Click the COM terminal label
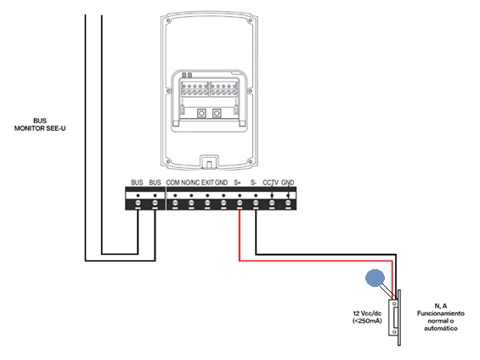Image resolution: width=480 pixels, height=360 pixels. click(x=172, y=183)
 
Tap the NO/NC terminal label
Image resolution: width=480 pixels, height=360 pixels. click(x=190, y=183)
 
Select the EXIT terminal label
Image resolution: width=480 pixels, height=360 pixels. click(x=207, y=183)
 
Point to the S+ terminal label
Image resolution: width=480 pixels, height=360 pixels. click(x=238, y=183)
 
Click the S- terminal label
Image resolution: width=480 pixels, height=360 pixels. click(x=253, y=183)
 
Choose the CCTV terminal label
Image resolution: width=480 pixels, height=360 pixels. click(x=271, y=183)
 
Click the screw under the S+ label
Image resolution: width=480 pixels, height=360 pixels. click(x=240, y=203)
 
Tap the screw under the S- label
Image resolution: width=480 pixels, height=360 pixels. click(x=256, y=203)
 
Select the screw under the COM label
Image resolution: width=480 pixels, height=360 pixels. click(x=175, y=203)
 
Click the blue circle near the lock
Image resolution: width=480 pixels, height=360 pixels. click(x=375, y=278)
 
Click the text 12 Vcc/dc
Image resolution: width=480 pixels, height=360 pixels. click(x=367, y=313)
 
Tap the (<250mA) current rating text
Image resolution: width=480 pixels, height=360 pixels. click(x=367, y=321)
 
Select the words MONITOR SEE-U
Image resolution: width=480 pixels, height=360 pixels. click(x=40, y=128)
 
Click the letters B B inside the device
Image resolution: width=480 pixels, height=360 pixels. click(x=187, y=76)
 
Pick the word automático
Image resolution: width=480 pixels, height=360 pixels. click(x=441, y=329)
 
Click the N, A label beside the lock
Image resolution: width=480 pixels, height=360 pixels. click(x=441, y=306)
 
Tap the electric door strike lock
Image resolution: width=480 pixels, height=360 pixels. click(x=395, y=318)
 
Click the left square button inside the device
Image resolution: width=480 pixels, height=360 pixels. click(x=201, y=114)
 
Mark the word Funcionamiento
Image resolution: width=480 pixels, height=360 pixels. click(x=441, y=313)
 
